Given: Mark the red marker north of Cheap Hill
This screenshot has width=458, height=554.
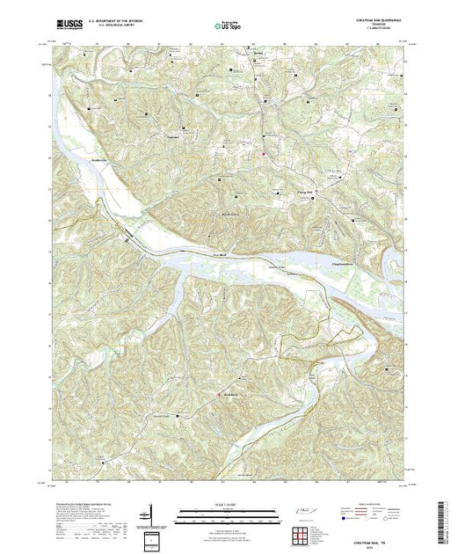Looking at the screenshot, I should (x=262, y=156).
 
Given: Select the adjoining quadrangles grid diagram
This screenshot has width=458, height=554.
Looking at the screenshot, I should (x=302, y=533).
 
